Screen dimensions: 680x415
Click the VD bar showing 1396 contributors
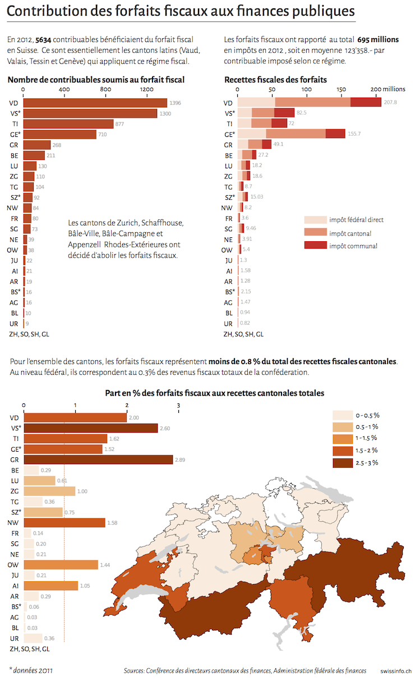tap(95, 103)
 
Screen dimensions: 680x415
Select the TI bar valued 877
tap(68, 123)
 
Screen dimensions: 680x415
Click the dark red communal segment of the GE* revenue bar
tap(335, 134)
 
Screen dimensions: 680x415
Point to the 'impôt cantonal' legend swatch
tap(315, 232)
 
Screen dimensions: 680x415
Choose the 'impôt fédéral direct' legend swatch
tap(315, 219)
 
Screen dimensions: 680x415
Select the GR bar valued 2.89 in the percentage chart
tap(98, 460)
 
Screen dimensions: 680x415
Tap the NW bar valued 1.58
tap(64, 523)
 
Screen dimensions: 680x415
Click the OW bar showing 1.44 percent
tap(61, 565)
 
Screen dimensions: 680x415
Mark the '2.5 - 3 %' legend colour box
tap(343, 463)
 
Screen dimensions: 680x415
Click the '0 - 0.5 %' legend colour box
tap(343, 415)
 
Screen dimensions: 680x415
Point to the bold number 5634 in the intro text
tap(43, 40)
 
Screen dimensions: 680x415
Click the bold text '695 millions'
tap(378, 40)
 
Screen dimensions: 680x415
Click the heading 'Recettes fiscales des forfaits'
tap(275, 80)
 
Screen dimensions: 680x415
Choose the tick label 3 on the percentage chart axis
tap(178, 406)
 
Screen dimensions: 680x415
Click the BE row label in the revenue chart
tap(229, 155)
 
